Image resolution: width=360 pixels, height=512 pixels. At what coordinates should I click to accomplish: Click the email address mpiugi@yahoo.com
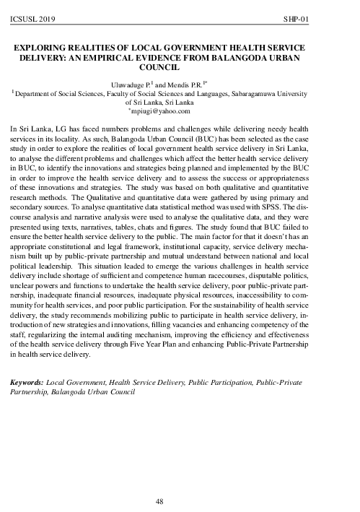pos(171,110)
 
